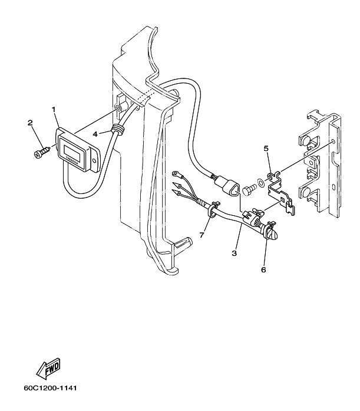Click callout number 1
click(54, 109)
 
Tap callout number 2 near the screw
click(31, 123)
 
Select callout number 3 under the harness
click(234, 253)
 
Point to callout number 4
click(95, 134)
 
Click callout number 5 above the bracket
click(266, 149)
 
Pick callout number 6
click(263, 269)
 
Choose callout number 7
click(202, 235)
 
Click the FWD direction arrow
click(48, 368)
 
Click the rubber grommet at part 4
click(118, 129)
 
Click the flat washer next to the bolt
click(261, 182)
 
